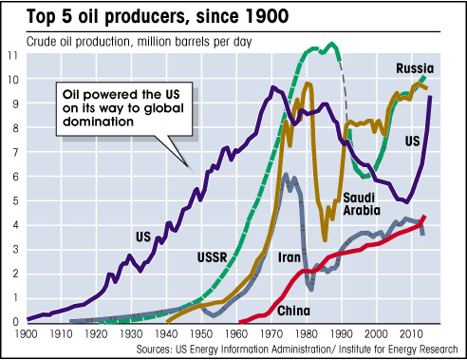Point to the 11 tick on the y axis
[x=12, y=55]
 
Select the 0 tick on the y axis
[x=12, y=321]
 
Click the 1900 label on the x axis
[x=28, y=333]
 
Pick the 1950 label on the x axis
[x=196, y=333]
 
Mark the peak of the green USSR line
[x=332, y=44]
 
